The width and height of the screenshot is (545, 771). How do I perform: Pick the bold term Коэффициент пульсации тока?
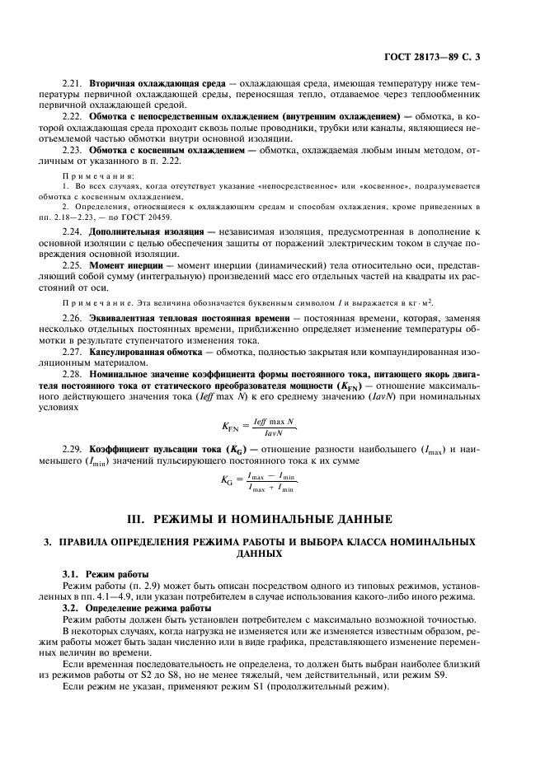[162, 448]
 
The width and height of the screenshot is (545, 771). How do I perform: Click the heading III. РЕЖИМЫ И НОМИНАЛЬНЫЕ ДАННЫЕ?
[272, 519]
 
